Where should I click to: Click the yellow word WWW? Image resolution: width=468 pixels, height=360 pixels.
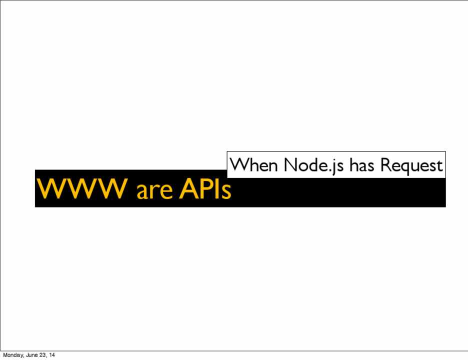(81, 188)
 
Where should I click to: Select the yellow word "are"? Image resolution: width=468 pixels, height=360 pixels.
(154, 191)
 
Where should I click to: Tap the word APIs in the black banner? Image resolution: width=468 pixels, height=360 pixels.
(205, 188)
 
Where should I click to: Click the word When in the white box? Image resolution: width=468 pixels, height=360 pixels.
(253, 164)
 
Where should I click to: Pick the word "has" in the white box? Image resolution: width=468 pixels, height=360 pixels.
(361, 165)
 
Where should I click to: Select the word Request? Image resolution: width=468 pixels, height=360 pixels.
(411, 165)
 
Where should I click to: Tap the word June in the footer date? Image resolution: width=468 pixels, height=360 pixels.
(31, 355)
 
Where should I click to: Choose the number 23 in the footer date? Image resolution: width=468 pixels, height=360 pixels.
(42, 355)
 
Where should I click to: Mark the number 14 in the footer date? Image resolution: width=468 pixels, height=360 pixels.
(52, 355)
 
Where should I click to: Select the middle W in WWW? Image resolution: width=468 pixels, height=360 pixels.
(81, 188)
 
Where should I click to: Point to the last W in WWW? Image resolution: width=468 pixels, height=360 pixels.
(112, 188)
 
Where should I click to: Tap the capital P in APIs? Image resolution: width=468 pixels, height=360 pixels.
(205, 188)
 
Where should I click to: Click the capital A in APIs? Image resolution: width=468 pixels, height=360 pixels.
(188, 188)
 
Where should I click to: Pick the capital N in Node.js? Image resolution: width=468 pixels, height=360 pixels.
(291, 165)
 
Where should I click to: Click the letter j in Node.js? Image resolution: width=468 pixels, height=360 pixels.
(333, 167)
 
